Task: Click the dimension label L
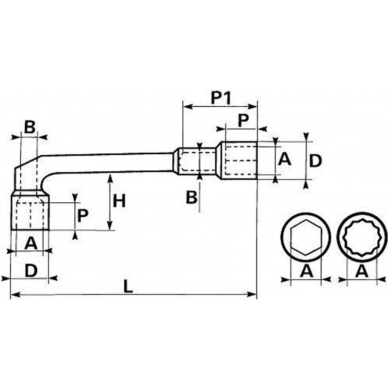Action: [x=128, y=287]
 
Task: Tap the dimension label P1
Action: [x=220, y=98]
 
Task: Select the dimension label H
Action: [x=119, y=200]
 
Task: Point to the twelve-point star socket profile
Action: [x=362, y=238]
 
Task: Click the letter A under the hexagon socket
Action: [x=306, y=272]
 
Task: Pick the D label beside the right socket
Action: [x=315, y=161]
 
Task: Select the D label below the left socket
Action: [x=31, y=271]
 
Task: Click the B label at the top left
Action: [x=30, y=128]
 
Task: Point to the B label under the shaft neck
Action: [x=192, y=197]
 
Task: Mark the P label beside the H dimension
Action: [x=82, y=215]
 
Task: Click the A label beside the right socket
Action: [x=285, y=159]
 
